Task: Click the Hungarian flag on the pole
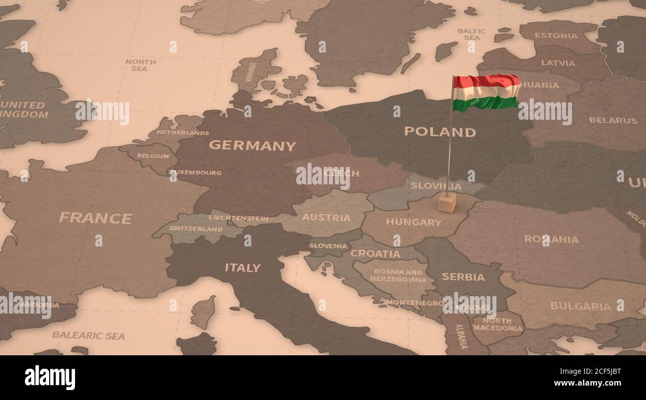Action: (x=486, y=92)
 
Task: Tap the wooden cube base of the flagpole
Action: (x=447, y=202)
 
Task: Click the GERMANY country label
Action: (x=252, y=146)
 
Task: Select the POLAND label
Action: (x=440, y=132)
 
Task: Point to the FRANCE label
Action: (x=95, y=218)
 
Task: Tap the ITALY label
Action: (x=242, y=267)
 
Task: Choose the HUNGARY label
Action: (x=413, y=222)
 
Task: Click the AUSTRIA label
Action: (x=326, y=218)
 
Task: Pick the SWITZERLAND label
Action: (x=196, y=229)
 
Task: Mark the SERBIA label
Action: (x=463, y=277)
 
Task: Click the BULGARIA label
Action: (x=580, y=306)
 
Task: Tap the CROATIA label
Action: (x=375, y=253)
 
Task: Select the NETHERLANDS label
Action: (x=183, y=133)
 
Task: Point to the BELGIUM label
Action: (x=153, y=156)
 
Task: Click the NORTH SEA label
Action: (x=140, y=65)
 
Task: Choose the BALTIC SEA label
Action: (x=472, y=34)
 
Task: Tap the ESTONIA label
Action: (x=556, y=36)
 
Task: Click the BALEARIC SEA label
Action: (x=88, y=335)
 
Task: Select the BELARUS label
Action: (x=613, y=120)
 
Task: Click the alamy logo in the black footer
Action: (x=50, y=378)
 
